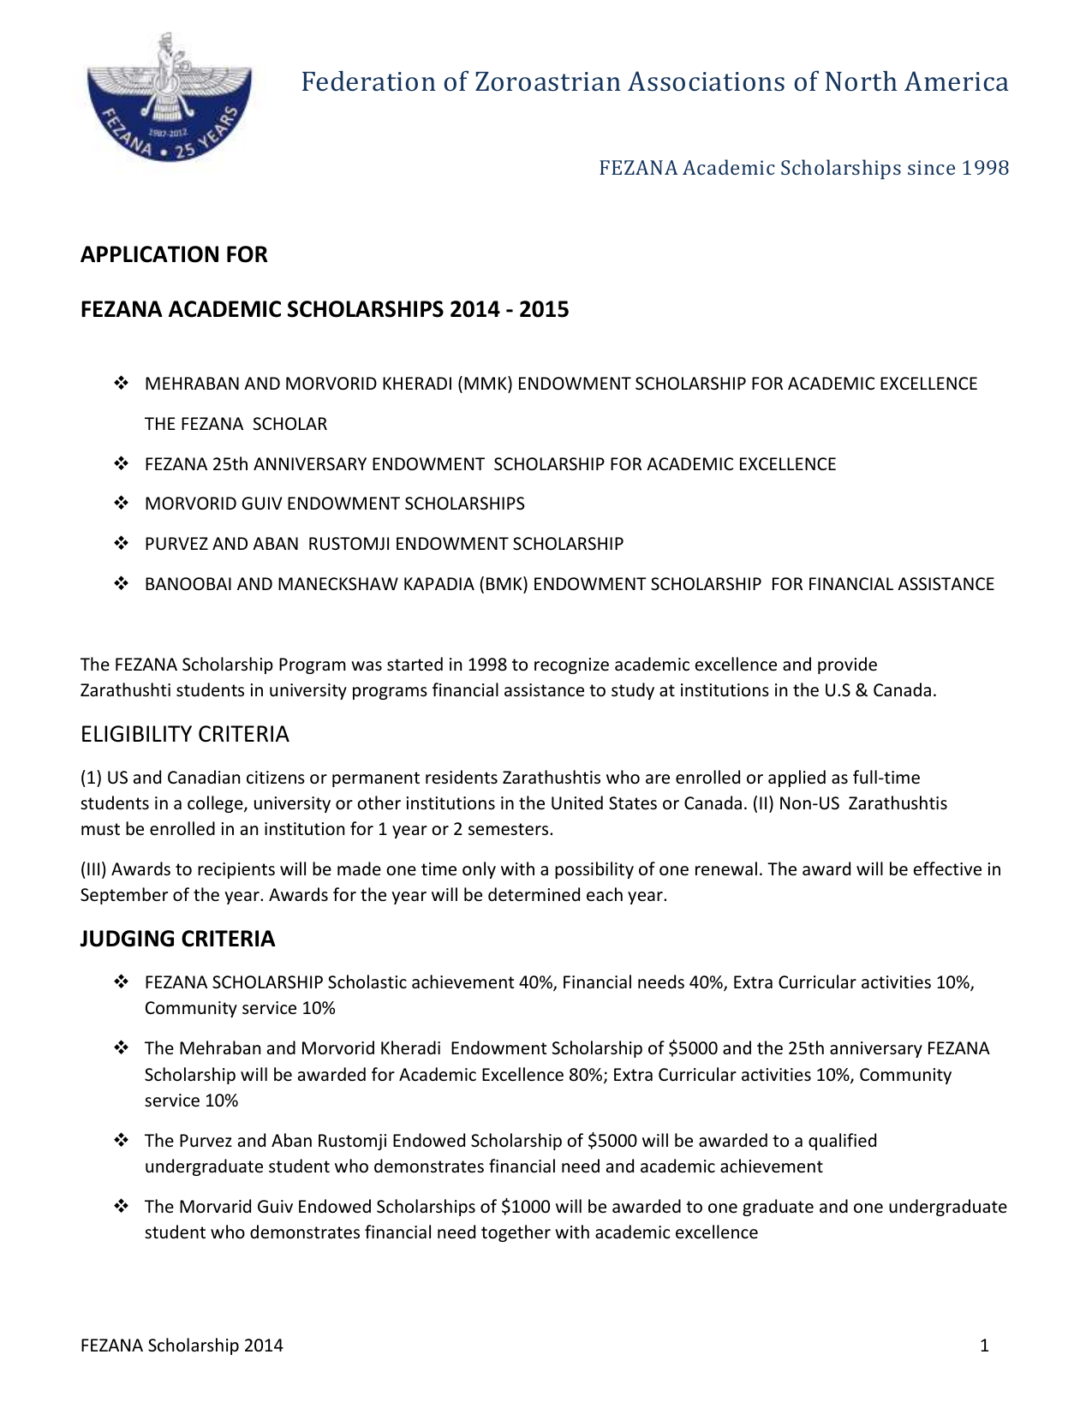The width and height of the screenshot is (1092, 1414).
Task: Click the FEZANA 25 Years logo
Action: (170, 97)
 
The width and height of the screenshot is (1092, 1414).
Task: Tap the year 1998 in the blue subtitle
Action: (985, 168)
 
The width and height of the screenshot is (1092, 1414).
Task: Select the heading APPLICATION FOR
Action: (174, 254)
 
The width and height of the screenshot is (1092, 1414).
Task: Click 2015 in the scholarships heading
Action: (544, 309)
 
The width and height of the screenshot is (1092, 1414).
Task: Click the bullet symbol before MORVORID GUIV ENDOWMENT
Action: (121, 504)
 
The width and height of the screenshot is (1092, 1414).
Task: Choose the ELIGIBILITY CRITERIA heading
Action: (185, 734)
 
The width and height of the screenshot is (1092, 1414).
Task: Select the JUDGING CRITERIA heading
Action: (178, 939)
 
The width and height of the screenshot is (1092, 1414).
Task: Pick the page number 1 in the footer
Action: (984, 1345)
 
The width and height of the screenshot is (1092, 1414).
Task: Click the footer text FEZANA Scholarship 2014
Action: (182, 1345)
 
